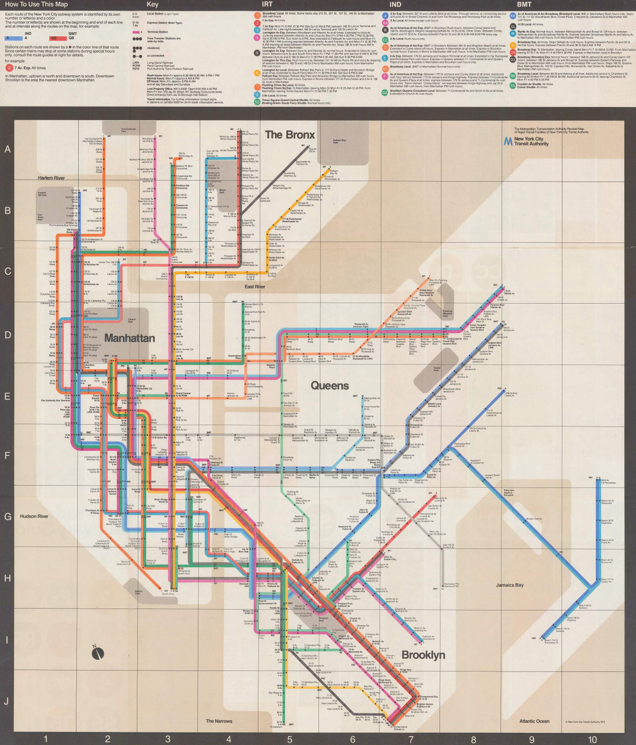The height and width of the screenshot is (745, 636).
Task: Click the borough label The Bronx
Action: [x=290, y=135]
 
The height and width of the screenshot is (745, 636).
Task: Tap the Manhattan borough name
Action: [x=129, y=338]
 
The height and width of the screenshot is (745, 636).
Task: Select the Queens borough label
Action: [x=330, y=386]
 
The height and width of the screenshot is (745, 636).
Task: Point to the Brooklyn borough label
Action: [x=423, y=655]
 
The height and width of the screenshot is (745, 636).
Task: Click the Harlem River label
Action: [x=51, y=178]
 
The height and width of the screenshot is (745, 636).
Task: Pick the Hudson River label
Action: [x=34, y=516]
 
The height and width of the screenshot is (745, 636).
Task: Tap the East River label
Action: [x=255, y=287]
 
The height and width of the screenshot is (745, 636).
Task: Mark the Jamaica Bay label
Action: [x=509, y=585]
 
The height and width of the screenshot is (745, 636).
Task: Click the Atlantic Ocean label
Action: [x=534, y=721]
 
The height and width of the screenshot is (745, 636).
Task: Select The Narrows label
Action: [x=219, y=721]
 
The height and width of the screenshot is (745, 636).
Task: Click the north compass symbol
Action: [x=97, y=653]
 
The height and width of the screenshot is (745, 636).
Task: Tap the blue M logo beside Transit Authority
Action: [x=508, y=141]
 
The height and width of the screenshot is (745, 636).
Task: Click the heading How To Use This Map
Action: [x=36, y=4]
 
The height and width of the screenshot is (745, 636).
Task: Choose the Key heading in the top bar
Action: [x=152, y=4]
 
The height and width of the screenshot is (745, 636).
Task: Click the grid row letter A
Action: [x=7, y=149]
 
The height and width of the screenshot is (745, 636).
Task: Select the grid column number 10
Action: [x=592, y=739]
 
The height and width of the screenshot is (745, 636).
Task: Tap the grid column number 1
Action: [x=46, y=739]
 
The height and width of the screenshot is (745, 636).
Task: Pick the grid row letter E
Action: [x=7, y=397]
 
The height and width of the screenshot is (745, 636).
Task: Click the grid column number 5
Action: [x=290, y=739]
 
